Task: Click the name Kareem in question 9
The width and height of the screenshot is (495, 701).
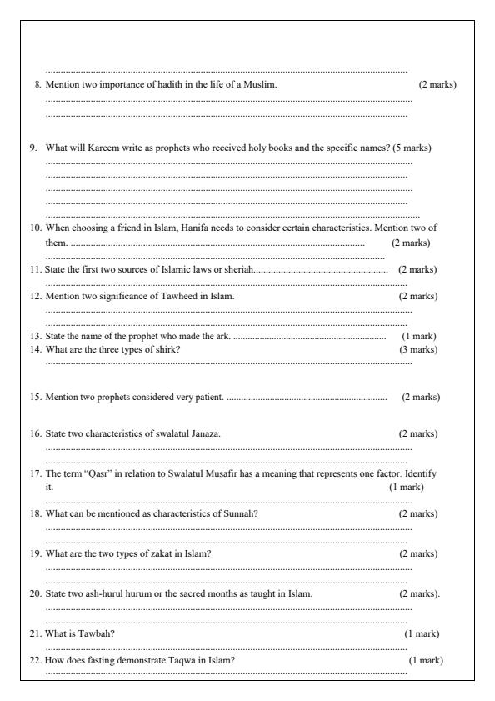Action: pos(93,148)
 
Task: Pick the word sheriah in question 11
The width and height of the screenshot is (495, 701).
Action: pos(237,269)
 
